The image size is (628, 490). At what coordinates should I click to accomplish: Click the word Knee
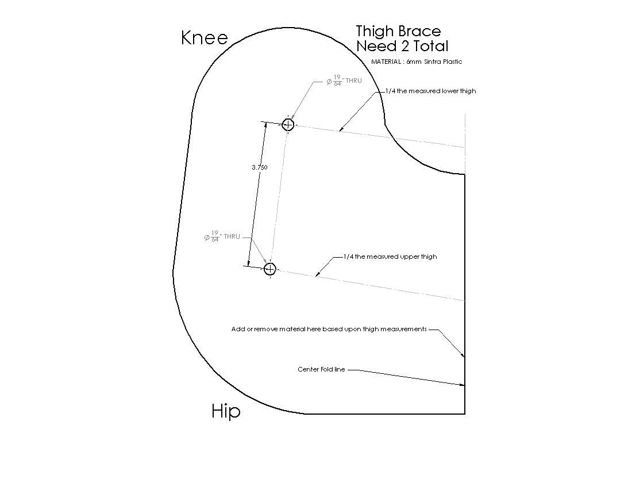click(x=205, y=38)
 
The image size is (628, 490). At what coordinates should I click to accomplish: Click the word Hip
click(x=226, y=412)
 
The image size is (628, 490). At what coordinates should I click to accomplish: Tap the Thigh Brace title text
click(x=399, y=31)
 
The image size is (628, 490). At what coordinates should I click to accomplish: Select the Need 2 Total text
click(x=402, y=46)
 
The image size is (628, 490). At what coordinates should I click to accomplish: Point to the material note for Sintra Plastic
click(x=417, y=62)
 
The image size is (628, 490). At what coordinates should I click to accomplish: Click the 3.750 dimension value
click(x=260, y=167)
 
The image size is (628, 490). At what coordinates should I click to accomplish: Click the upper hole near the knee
click(x=288, y=125)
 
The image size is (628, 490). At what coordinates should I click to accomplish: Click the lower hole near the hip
click(x=271, y=268)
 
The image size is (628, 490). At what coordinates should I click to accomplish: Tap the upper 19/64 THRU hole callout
click(x=344, y=81)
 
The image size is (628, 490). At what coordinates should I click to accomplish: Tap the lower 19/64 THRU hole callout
click(x=222, y=236)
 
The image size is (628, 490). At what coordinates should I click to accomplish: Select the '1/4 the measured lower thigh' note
click(x=430, y=91)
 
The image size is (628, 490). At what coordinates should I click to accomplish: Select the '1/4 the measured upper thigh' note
click(x=390, y=257)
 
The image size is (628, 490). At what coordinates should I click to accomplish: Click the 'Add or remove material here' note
click(x=329, y=329)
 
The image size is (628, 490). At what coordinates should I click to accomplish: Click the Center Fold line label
click(x=321, y=369)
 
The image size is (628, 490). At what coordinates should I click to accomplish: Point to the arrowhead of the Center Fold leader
click(x=464, y=385)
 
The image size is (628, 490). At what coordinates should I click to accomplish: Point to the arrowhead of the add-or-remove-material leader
click(x=464, y=355)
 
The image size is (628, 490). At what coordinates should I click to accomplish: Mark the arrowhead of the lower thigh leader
click(x=341, y=130)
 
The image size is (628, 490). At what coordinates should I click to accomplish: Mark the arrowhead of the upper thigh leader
click(x=317, y=275)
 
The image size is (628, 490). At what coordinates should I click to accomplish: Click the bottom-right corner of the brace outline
click(x=465, y=414)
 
